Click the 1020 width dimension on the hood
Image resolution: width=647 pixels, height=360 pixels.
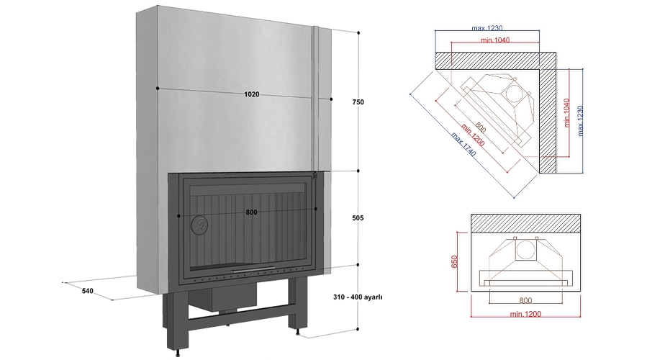pos(251,94)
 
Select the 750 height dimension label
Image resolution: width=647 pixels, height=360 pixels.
pos(358,102)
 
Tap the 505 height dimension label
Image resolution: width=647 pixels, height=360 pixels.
pos(358,217)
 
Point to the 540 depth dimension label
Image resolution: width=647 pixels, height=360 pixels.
pos(88,291)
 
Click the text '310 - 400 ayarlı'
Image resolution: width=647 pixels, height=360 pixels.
pos(357,297)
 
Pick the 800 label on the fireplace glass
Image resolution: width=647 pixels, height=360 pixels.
pos(251,212)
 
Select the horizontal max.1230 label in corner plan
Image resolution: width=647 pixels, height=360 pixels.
pos(487,28)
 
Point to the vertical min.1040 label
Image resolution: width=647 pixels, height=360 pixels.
pos(567,113)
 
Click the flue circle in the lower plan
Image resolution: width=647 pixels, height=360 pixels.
pos(525,249)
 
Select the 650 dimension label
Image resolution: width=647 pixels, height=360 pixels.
pos(454,260)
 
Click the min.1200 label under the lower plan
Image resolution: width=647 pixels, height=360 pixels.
pos(525,314)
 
